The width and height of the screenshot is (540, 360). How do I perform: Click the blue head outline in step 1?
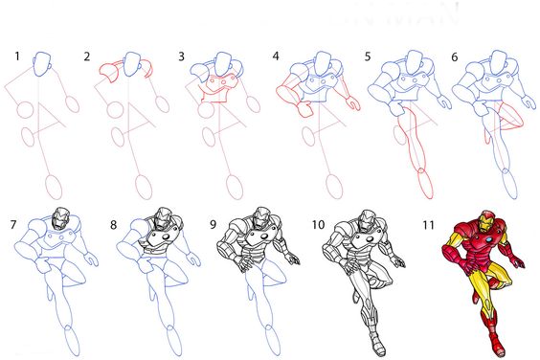[x=43, y=65]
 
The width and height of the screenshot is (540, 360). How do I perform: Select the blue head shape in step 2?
[x=133, y=65]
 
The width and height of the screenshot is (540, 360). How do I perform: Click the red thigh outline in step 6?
[x=508, y=120]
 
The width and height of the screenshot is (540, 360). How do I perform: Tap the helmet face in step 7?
[x=60, y=219]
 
